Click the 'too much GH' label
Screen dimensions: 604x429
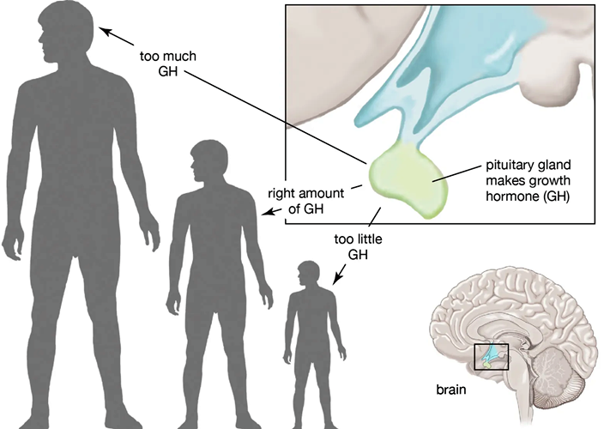tap(167, 63)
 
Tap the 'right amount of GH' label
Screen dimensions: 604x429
tap(305, 201)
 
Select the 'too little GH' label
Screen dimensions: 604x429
tap(358, 247)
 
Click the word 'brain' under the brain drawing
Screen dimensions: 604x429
tap(451, 390)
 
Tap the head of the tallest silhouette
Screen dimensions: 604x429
tap(65, 32)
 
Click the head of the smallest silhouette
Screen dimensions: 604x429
tap(308, 275)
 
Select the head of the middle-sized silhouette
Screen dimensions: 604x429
tap(209, 161)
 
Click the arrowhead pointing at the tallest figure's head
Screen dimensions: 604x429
tap(105, 31)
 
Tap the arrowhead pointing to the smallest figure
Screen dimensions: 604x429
tap(336, 279)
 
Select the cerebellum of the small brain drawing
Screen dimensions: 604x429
tap(552, 371)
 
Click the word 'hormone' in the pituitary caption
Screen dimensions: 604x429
tap(512, 196)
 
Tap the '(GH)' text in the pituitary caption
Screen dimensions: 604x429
tap(556, 196)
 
